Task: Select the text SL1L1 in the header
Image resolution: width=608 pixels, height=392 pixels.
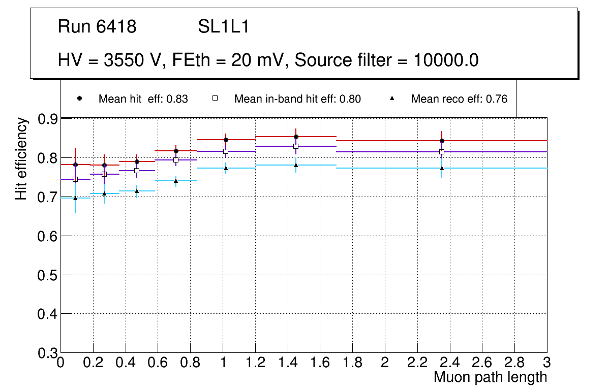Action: [x=224, y=27]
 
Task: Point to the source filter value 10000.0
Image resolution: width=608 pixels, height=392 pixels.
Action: [x=445, y=60]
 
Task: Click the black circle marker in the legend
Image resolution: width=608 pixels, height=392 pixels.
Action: [x=79, y=99]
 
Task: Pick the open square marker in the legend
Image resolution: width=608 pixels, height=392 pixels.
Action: [x=215, y=99]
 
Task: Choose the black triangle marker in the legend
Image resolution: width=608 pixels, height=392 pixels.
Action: [x=392, y=99]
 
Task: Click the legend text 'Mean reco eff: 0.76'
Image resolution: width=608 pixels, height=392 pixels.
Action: [x=459, y=99]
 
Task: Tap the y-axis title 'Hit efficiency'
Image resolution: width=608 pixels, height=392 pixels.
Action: [x=21, y=158]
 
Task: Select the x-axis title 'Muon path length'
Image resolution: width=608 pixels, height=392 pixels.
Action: [x=490, y=377]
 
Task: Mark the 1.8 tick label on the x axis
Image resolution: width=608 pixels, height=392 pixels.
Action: [x=352, y=363]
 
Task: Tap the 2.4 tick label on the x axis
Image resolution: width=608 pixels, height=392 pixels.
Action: [x=449, y=363]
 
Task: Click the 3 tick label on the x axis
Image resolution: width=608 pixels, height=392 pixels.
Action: [x=547, y=363]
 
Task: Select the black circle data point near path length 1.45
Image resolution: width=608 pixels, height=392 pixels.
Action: [x=296, y=137]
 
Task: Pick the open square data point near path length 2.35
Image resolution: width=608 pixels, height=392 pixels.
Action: [x=442, y=152]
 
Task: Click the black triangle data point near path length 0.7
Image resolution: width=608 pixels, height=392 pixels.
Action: [x=176, y=181]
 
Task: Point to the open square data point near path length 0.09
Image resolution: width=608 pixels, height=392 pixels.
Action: [x=75, y=179]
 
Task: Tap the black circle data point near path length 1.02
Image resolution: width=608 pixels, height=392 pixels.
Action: [x=226, y=140]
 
